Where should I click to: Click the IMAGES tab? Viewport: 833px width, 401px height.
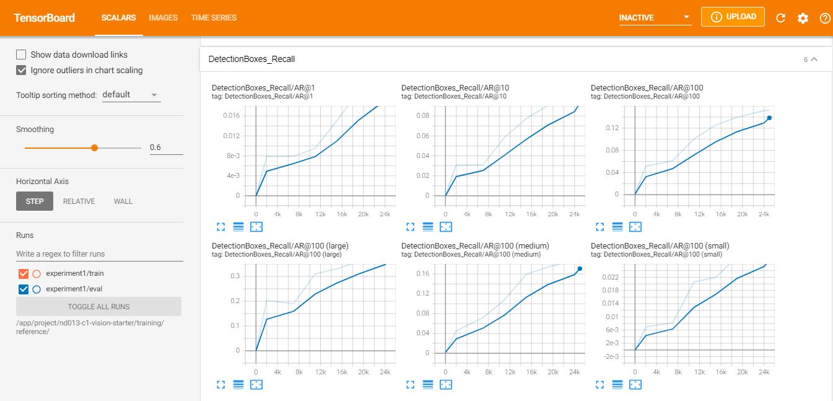tap(163, 18)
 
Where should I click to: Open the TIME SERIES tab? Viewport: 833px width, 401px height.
tap(214, 18)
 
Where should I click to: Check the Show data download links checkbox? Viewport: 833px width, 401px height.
tap(22, 55)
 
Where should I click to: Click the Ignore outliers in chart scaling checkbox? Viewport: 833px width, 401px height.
tap(22, 70)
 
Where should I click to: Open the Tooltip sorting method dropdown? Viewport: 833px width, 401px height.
tap(131, 95)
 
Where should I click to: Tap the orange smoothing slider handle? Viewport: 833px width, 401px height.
tap(94, 148)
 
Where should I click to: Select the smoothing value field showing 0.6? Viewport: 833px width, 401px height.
tap(166, 148)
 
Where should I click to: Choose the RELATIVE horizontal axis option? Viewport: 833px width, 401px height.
tap(79, 201)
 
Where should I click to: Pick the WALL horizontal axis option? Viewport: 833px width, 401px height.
tap(123, 201)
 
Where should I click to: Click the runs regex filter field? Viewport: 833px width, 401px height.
tap(99, 254)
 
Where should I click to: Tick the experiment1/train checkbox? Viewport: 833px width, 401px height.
tap(24, 273)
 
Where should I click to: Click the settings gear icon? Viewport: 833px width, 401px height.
tap(803, 18)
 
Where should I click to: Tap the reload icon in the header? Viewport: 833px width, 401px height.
tap(780, 18)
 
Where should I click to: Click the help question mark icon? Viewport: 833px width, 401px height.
tap(824, 18)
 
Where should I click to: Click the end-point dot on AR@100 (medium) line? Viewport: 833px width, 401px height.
tap(580, 269)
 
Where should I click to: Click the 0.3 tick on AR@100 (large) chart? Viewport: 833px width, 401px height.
tap(235, 276)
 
